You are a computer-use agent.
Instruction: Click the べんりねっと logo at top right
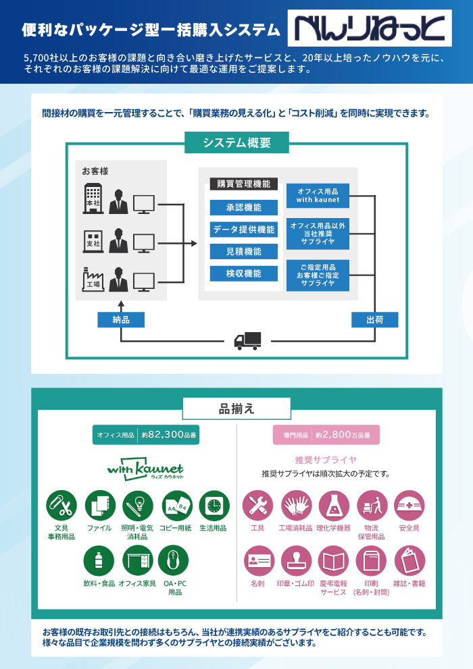point(369,29)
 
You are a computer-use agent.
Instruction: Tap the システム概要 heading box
point(236,142)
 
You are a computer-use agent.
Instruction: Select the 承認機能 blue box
point(243,207)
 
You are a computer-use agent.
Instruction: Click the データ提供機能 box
point(243,230)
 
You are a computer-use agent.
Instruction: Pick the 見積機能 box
point(243,252)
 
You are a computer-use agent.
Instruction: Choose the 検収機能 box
point(243,273)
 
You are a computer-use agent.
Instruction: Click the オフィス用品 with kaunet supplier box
point(318,196)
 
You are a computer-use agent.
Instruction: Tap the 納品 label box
point(121,319)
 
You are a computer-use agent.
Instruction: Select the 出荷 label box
point(374,319)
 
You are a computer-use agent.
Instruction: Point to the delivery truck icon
point(247,340)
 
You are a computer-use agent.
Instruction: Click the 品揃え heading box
point(236,408)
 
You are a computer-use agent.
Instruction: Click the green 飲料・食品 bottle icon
point(99,561)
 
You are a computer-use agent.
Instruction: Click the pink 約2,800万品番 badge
point(326,435)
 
